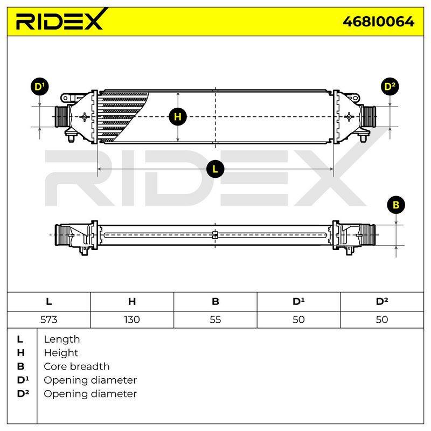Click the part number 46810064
click(378, 22)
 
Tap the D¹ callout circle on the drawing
click(39, 87)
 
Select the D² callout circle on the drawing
click(390, 87)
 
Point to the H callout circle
click(178, 117)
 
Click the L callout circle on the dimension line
click(215, 169)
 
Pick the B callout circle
click(396, 205)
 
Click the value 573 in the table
click(48, 319)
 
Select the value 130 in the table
click(132, 319)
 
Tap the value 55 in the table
click(215, 319)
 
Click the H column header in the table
click(132, 302)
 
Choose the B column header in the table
click(215, 302)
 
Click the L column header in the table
click(48, 302)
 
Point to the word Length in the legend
click(62, 339)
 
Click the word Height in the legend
click(61, 353)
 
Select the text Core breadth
click(77, 366)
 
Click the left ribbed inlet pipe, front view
click(61, 116)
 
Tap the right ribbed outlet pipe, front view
click(369, 116)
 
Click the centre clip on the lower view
click(215, 235)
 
